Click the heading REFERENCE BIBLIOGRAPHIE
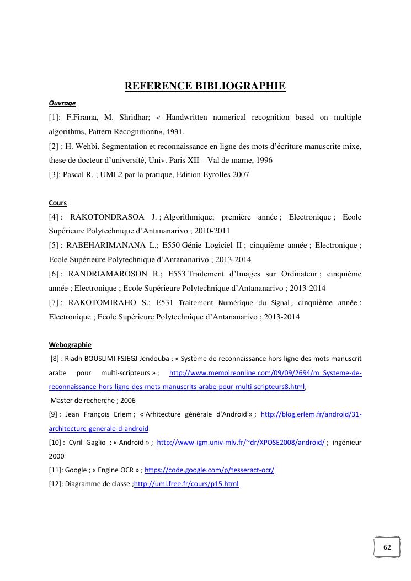click(205, 86)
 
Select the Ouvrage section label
click(62, 103)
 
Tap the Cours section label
click(58, 203)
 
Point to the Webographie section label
click(70, 345)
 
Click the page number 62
click(387, 547)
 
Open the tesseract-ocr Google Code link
click(209, 470)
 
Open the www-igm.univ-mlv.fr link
click(241, 443)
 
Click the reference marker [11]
click(56, 470)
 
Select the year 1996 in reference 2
click(261, 161)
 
